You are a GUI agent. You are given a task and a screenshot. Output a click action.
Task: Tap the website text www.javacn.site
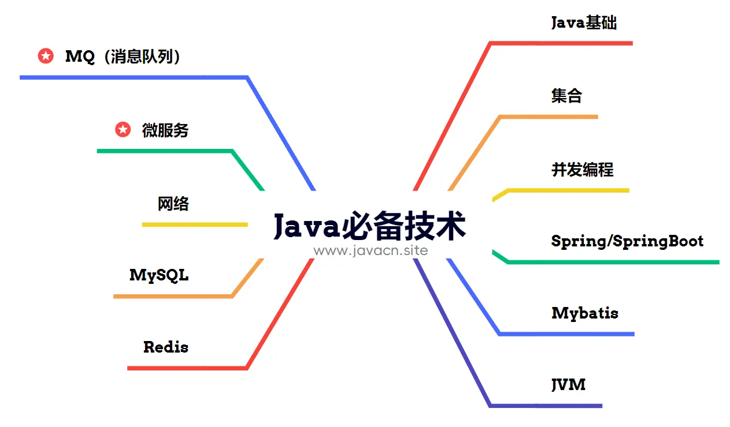point(370,250)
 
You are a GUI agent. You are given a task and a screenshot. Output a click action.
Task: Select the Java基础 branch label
point(584,23)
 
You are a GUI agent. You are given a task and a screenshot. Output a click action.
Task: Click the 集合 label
point(566,96)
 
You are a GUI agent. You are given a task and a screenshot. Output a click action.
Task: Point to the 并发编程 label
point(583,170)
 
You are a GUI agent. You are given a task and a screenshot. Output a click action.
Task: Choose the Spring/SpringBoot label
point(627,241)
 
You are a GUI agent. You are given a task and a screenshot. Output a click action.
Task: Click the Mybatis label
point(585,313)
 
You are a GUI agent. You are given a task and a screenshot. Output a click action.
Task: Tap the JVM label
point(568,384)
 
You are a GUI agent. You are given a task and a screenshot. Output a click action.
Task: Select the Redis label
point(166,347)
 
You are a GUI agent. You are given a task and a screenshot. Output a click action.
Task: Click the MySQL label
point(159,275)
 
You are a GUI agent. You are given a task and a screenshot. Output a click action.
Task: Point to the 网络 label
point(173,204)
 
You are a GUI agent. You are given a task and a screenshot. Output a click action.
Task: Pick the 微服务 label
point(165,130)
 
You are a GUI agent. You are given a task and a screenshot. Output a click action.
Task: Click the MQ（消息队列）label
point(123,57)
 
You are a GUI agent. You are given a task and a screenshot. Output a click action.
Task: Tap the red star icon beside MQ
point(46,56)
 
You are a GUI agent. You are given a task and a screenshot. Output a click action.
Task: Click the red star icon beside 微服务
point(123,129)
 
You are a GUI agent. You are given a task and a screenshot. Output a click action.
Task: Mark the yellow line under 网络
point(195,224)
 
